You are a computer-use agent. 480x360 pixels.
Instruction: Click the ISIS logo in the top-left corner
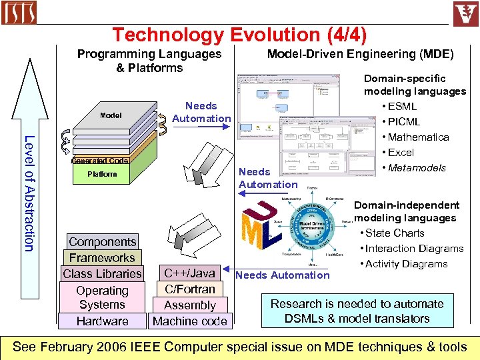pos(19,13)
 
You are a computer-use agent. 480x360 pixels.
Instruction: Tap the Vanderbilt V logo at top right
pos(466,13)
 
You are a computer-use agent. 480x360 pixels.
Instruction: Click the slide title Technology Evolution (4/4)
pos(240,35)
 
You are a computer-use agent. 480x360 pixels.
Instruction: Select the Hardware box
pos(102,321)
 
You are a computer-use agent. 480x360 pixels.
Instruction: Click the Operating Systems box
pos(102,297)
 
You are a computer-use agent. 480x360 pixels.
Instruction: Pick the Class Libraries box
pos(102,273)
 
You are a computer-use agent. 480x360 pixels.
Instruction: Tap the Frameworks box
pos(102,257)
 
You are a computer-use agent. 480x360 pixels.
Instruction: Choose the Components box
pos(102,242)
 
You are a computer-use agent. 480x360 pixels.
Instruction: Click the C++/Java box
pos(189,273)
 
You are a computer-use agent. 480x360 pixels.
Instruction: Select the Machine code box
pos(189,321)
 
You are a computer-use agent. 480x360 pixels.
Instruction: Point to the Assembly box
pos(189,305)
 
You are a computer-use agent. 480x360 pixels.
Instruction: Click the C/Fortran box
pos(189,289)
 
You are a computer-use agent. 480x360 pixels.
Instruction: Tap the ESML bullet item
pos(402,106)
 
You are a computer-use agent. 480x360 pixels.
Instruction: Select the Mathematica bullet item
pos(418,137)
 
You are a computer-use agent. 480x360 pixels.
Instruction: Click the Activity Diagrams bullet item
pos(406,263)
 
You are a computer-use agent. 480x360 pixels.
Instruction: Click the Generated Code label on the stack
pos(100,161)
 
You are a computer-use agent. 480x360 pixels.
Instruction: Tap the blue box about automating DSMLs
pos(357,311)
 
